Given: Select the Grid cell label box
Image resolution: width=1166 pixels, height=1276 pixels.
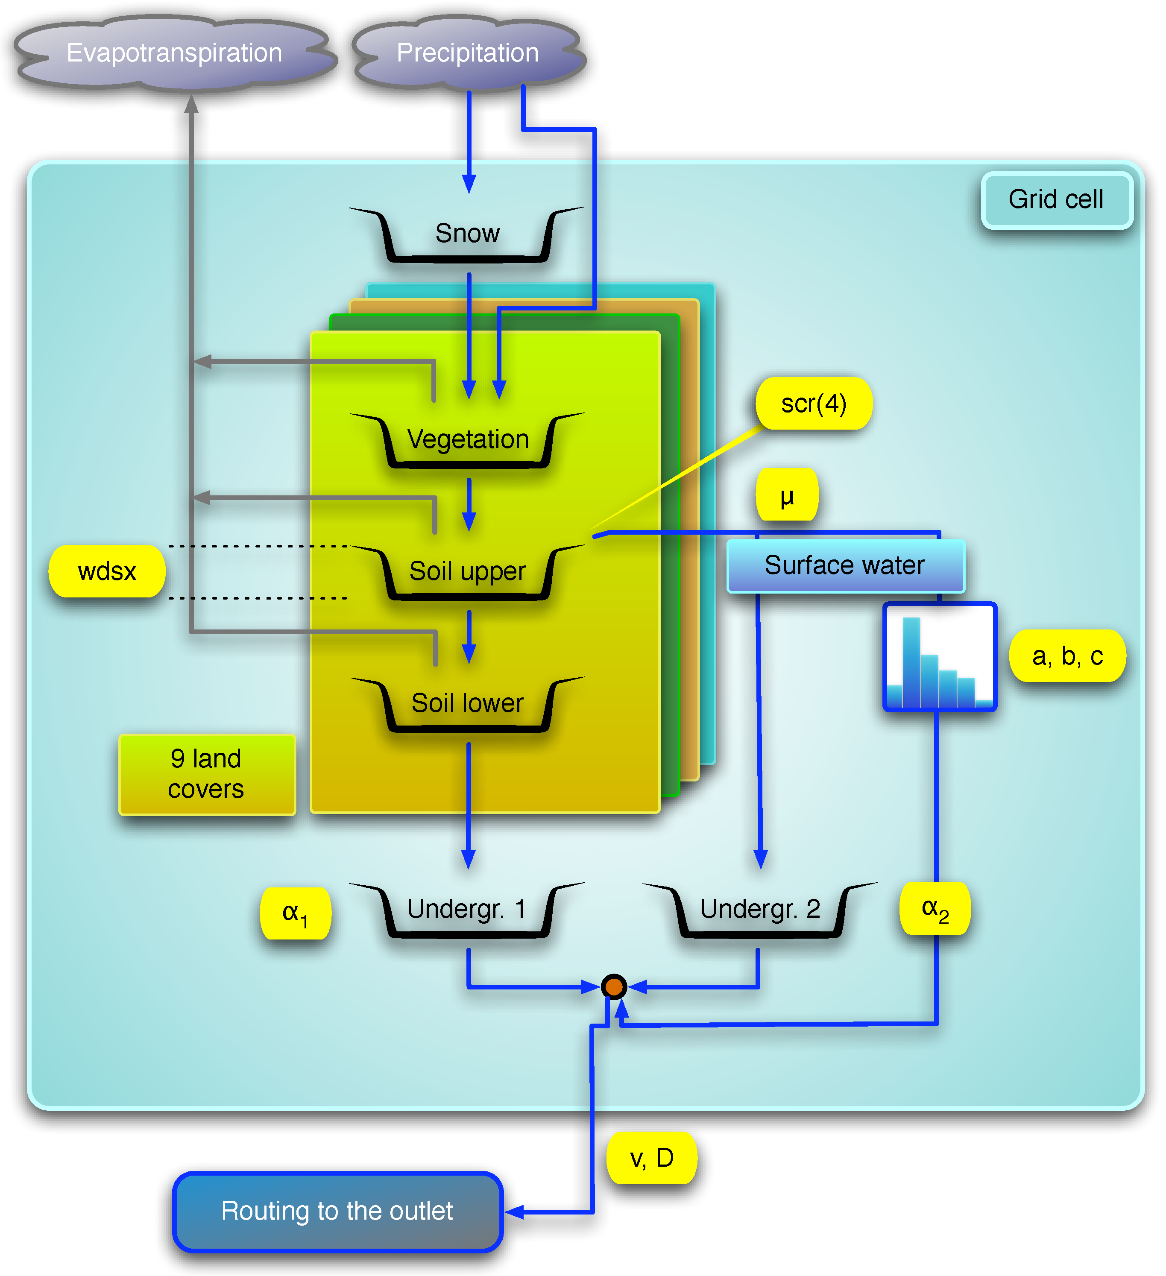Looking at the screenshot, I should click(x=1056, y=199).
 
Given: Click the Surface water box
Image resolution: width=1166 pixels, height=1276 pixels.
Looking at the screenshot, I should click(x=845, y=565).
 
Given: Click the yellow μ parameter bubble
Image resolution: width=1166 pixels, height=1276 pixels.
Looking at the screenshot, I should click(x=787, y=496).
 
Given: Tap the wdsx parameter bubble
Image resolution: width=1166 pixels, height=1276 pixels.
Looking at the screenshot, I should click(x=107, y=571).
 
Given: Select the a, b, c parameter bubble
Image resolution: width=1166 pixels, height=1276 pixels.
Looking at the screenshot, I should click(x=1067, y=656).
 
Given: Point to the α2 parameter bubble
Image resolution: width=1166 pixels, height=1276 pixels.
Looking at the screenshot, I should click(x=935, y=909).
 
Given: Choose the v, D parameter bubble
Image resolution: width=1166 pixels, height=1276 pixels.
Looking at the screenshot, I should click(x=651, y=1158).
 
